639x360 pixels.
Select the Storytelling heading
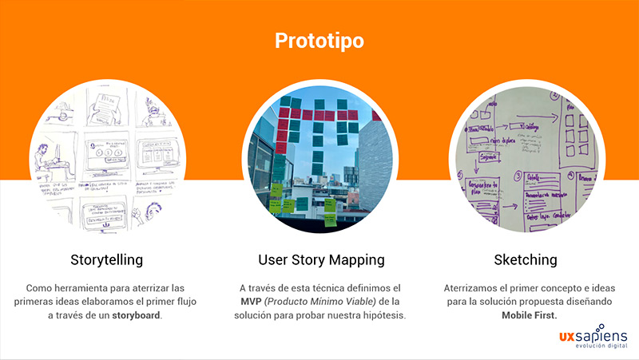pyautogui.click(x=107, y=260)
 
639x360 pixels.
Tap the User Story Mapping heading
pyautogui.click(x=320, y=260)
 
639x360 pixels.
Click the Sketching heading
pyautogui.click(x=525, y=260)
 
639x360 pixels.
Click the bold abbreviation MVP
pyautogui.click(x=252, y=301)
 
